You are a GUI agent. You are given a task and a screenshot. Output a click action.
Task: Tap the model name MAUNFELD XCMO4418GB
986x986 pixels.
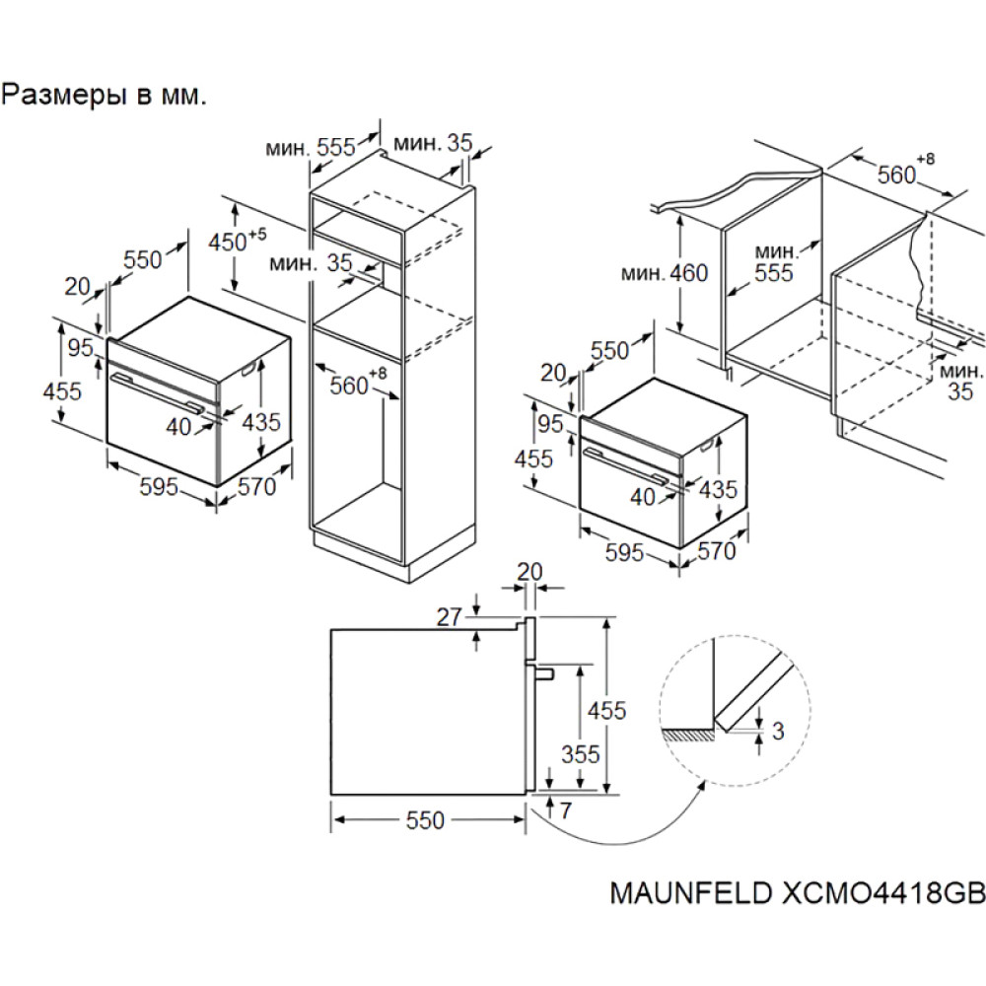click(798, 892)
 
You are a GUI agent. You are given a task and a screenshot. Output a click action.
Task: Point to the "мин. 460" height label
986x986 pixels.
click(665, 272)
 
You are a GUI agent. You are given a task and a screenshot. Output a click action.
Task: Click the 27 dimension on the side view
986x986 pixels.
click(450, 617)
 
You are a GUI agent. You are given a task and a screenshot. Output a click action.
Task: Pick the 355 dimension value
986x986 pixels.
click(580, 754)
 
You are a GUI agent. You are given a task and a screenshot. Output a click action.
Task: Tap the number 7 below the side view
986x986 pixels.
click(564, 812)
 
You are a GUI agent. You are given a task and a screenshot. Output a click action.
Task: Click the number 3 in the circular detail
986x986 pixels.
click(778, 731)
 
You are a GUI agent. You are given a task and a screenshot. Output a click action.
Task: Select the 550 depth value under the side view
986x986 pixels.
click(425, 820)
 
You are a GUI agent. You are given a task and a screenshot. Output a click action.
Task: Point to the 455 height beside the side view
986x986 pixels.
click(605, 710)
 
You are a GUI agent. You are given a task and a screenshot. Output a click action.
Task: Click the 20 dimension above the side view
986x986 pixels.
click(530, 572)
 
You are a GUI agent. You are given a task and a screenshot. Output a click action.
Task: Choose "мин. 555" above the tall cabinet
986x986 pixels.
click(309, 147)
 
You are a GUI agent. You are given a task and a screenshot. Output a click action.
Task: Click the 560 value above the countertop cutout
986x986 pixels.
click(897, 175)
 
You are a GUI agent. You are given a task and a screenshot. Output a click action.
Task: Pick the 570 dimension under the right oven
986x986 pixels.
click(717, 551)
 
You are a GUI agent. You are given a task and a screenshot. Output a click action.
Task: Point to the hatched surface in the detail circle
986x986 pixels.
click(689, 735)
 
